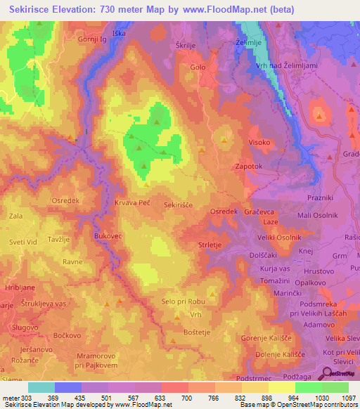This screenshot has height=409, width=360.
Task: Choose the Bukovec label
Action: coord(108,237)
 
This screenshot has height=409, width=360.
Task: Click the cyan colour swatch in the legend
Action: coord(41,387)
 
